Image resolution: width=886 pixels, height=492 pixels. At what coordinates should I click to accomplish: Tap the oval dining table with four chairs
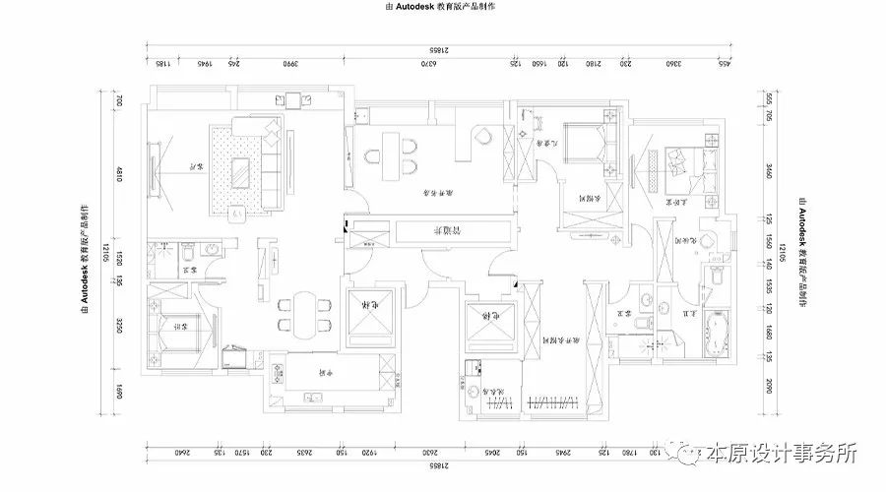(303, 312)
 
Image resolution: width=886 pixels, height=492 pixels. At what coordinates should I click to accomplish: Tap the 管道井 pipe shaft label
(451, 231)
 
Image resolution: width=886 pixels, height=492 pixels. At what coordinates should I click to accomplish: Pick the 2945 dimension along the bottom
(563, 453)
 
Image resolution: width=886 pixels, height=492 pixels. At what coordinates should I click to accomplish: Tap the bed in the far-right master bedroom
(680, 161)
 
